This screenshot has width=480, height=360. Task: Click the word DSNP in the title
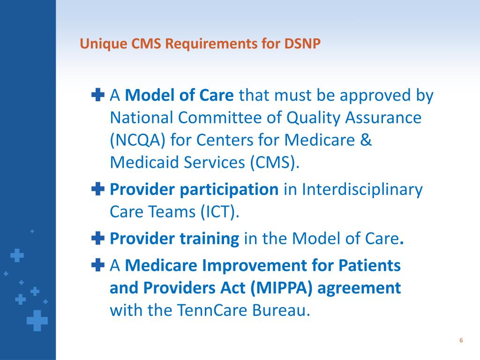[x=302, y=44]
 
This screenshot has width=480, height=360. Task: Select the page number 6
[x=461, y=340]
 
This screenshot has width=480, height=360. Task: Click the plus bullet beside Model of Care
[x=98, y=95]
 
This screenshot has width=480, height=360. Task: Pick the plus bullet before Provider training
[x=98, y=238]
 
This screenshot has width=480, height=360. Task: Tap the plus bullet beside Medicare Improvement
[x=98, y=265]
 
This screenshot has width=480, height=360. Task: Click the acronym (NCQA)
[x=137, y=140]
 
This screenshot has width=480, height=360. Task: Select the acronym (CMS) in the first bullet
[x=274, y=163]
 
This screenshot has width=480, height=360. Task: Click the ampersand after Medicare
[x=366, y=140]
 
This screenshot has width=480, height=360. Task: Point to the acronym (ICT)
[x=219, y=212]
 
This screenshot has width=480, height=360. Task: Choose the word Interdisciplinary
[x=362, y=190]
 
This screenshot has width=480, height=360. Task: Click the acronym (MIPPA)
[x=281, y=288]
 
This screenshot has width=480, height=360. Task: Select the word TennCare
[x=212, y=310]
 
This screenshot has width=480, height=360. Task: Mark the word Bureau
[x=281, y=310]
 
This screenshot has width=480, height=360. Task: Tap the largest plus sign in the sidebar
[x=37, y=321]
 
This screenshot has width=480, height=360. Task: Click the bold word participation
[x=229, y=190]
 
